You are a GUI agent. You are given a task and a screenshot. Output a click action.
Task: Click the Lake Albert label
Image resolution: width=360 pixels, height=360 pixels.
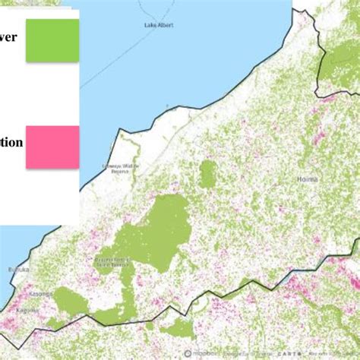(x=159, y=25)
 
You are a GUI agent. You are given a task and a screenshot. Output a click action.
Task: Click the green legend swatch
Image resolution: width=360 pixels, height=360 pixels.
(x=52, y=40)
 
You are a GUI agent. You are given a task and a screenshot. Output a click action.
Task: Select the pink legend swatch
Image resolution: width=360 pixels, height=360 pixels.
(x=52, y=147)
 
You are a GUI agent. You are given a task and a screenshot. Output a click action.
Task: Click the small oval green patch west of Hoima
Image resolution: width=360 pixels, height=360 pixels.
(x=207, y=175)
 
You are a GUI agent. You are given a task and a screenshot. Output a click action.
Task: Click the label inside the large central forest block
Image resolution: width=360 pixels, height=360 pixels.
(x=114, y=260)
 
